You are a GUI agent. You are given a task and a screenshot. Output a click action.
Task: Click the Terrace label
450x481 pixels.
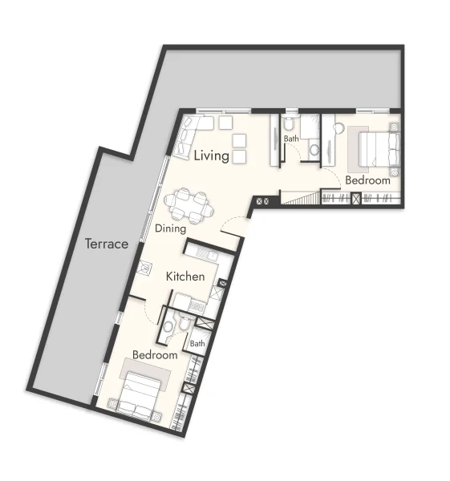(x=107, y=244)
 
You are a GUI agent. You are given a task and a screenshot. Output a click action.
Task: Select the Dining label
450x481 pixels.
(x=171, y=228)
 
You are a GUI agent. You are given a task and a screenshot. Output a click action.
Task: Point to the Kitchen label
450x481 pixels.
(x=185, y=277)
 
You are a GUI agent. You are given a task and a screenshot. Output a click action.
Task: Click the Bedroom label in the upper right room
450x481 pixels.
(x=367, y=180)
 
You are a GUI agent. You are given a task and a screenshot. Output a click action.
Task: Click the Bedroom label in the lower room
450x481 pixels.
(x=155, y=354)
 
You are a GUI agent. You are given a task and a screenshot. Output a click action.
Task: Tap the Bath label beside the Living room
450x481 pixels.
(x=291, y=139)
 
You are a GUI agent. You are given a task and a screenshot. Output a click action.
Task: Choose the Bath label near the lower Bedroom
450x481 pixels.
(x=197, y=344)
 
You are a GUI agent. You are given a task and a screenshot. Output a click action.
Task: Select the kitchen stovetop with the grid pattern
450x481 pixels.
(x=146, y=269)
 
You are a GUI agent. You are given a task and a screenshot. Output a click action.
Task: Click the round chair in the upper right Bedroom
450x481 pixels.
(x=339, y=127)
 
